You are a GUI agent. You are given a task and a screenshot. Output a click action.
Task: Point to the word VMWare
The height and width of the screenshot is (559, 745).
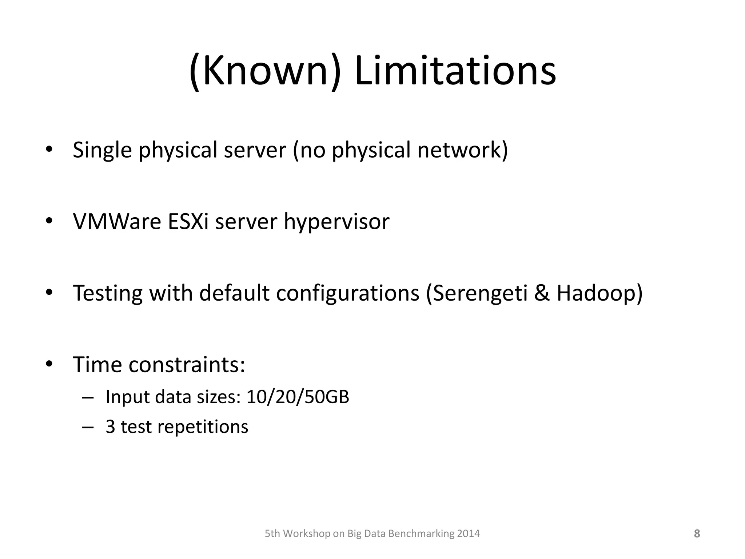(117, 221)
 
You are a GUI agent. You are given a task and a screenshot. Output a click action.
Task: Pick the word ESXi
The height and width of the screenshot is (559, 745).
(188, 221)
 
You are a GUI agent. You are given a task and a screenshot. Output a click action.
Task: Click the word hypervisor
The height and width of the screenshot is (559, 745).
(336, 221)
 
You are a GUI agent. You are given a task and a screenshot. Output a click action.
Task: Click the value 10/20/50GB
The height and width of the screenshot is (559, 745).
(298, 397)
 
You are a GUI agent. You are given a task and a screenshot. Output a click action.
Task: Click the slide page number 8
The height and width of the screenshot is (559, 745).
(697, 534)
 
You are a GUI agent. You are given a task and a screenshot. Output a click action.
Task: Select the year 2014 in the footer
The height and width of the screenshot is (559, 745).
(468, 534)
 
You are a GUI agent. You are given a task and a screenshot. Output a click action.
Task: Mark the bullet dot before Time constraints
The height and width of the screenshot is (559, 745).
(49, 364)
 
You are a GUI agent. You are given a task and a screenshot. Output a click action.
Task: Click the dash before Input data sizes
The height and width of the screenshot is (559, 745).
(88, 397)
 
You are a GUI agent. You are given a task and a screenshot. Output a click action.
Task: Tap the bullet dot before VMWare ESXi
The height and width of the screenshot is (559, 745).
(49, 221)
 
